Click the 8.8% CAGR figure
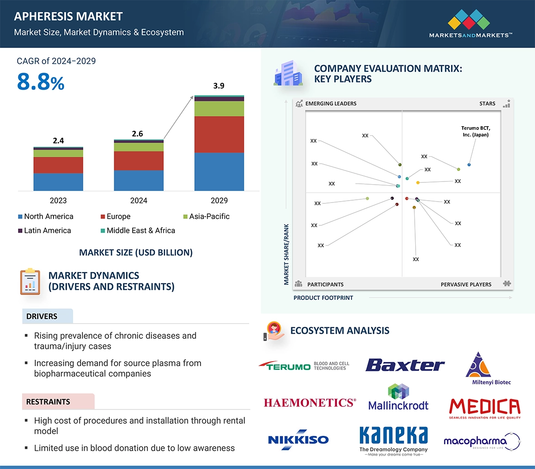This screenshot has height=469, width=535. click(x=41, y=82)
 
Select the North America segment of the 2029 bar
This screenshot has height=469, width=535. click(x=219, y=171)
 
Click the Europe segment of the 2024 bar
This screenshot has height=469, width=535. click(x=139, y=161)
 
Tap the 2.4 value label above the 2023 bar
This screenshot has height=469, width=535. click(x=58, y=141)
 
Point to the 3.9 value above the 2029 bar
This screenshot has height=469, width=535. click(x=219, y=85)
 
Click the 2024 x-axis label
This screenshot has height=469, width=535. click(x=139, y=200)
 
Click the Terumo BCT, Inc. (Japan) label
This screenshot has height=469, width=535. click(x=476, y=132)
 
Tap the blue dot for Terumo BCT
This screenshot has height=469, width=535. click(x=469, y=165)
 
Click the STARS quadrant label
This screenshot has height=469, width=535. click(x=487, y=104)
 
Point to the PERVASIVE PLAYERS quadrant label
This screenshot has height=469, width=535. click(x=466, y=284)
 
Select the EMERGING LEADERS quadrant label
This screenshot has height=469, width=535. click(x=331, y=104)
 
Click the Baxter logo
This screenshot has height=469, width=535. click(x=405, y=365)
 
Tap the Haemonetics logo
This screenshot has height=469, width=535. click(x=310, y=403)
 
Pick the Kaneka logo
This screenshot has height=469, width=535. click(x=394, y=439)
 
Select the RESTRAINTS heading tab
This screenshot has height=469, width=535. click(x=48, y=402)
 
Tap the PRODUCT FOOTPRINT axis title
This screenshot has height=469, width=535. click(x=323, y=298)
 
